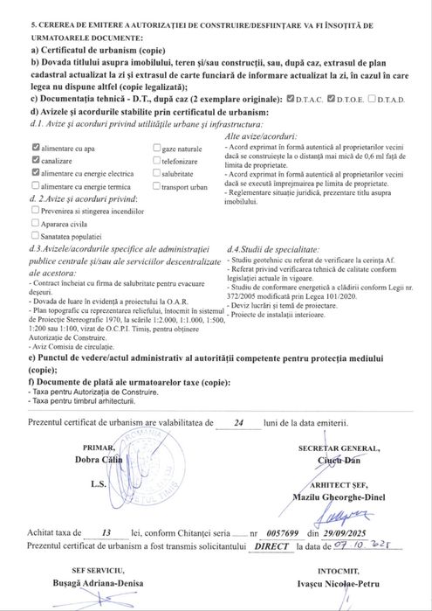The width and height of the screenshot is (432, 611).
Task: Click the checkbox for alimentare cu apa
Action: (35, 149)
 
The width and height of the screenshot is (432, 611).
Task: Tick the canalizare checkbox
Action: (35, 162)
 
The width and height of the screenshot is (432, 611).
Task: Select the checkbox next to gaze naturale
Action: (156, 149)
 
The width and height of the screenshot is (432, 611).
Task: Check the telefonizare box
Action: (156, 162)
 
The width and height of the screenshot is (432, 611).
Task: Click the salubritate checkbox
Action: (156, 174)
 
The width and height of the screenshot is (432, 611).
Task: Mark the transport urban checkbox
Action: (156, 186)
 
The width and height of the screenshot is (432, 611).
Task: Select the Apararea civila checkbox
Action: (35, 222)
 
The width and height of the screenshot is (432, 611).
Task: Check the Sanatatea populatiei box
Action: (35, 234)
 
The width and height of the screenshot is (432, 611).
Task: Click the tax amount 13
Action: (106, 531)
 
